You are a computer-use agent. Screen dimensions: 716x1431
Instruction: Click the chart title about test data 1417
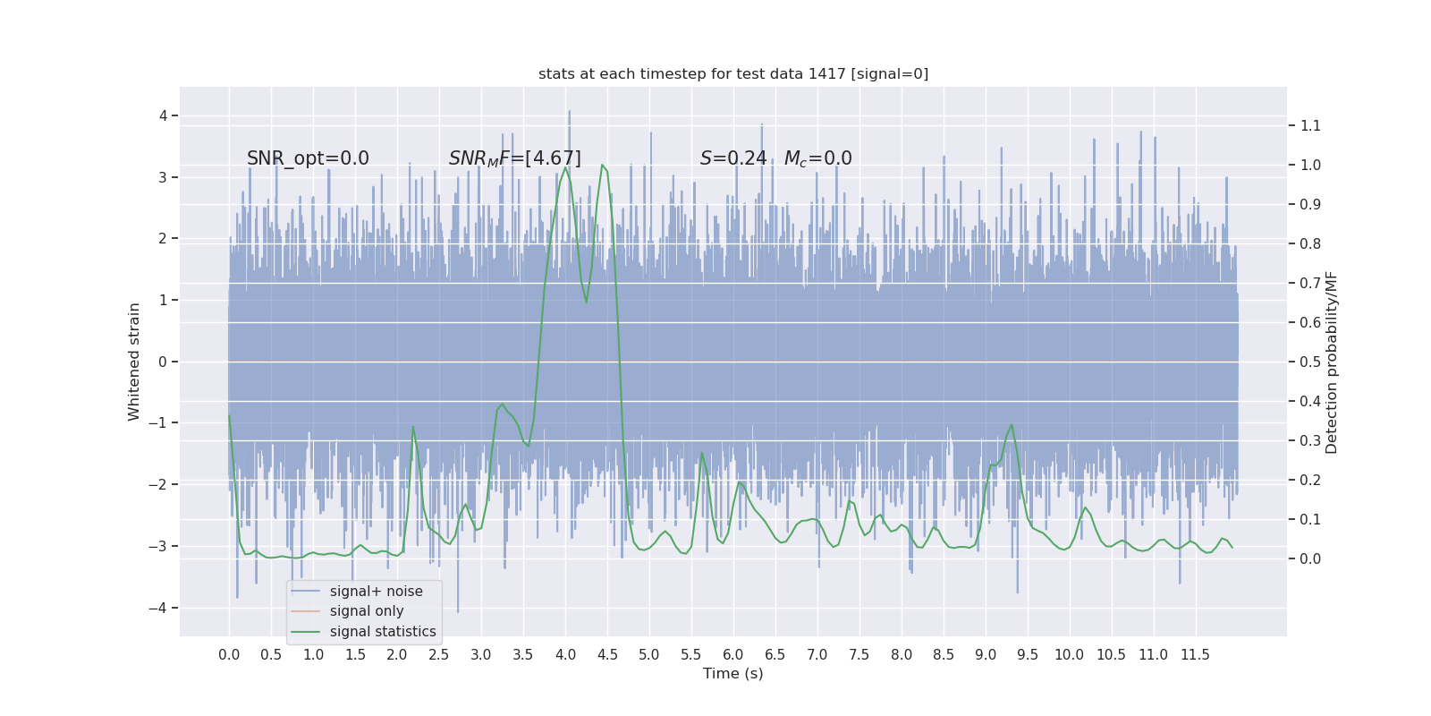733,74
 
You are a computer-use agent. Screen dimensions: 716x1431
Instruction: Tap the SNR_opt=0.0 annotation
308,158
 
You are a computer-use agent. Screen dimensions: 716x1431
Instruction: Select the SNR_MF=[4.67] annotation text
514,158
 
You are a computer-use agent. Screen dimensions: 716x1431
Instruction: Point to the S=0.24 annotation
733,158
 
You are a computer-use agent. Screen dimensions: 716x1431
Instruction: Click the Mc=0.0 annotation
817,158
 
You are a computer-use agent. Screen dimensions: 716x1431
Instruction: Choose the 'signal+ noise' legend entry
376,592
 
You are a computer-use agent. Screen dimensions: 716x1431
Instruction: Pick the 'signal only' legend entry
367,611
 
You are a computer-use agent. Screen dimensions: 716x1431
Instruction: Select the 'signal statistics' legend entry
383,632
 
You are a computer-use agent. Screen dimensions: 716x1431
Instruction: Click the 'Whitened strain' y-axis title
134,362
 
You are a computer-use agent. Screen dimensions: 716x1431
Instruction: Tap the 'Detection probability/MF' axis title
1332,362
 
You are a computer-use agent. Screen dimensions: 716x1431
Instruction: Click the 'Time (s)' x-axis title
733,674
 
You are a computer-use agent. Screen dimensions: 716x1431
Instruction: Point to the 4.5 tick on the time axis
607,655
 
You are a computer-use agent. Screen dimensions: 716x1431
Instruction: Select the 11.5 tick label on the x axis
1195,655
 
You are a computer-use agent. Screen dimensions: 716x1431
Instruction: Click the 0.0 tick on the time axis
229,655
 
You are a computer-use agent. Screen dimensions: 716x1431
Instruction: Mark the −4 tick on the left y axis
163,609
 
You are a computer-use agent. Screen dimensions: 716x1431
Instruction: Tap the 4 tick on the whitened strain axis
163,115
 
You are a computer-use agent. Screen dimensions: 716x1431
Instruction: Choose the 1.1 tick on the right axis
1310,125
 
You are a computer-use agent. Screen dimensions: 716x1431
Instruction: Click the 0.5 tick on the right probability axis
1310,362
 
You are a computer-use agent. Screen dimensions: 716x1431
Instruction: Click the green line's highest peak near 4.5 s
602,165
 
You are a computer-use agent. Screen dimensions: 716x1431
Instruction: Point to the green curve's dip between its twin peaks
587,303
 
